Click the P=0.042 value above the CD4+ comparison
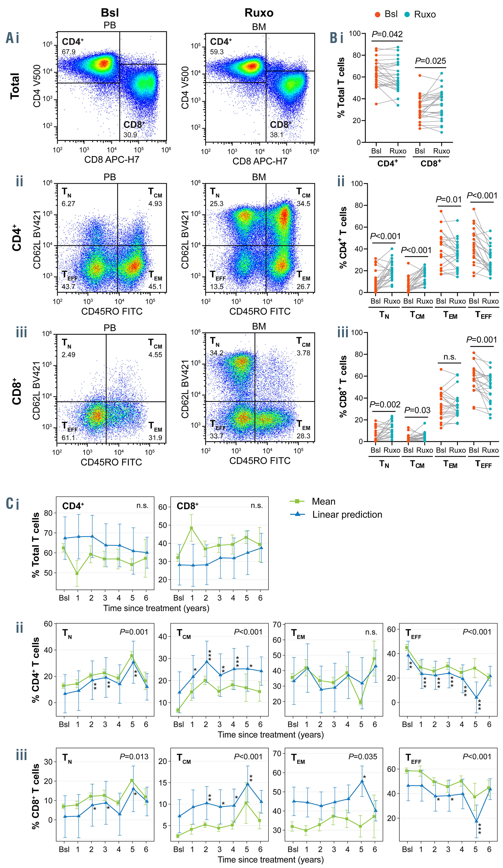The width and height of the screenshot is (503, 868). coord(387,34)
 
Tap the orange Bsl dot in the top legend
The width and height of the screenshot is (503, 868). coord(377,14)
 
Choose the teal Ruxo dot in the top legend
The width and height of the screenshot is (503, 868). coord(407,14)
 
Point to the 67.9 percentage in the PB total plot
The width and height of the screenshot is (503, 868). coord(69,52)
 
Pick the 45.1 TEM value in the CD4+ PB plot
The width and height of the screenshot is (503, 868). coord(155,287)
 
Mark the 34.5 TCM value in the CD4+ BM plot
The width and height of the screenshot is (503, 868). coord(303,204)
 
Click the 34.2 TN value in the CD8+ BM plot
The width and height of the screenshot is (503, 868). coord(217,353)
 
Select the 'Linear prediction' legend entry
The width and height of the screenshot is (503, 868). coord(347,515)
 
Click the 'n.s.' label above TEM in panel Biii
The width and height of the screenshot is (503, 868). coord(449,357)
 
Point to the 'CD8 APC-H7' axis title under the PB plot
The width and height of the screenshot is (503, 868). coord(112,160)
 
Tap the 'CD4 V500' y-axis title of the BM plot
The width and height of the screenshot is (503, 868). coord(185,88)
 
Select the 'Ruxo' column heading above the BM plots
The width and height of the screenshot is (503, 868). coord(259,13)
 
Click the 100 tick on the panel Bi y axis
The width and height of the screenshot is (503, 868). coord(354,33)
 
